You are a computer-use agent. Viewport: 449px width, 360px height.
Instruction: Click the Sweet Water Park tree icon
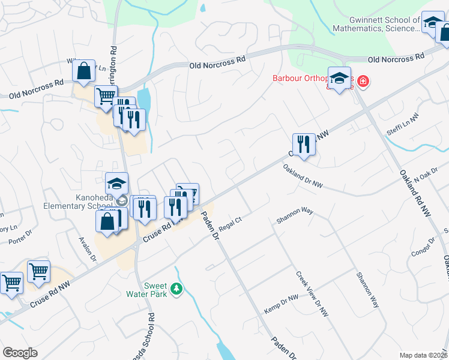[176, 290]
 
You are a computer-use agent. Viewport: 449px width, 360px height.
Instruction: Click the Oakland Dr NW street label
[303, 178]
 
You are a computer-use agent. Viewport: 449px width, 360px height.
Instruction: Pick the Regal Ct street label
[230, 224]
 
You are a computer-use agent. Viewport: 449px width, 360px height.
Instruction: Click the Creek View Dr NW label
[312, 293]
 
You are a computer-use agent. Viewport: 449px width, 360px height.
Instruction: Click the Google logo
[20, 353]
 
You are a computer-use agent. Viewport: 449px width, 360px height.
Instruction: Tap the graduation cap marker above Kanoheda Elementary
[117, 184]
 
